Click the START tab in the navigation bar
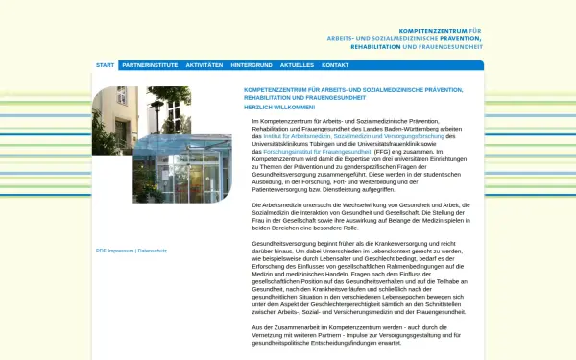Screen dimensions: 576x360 106,65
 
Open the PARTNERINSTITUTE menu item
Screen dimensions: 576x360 150,65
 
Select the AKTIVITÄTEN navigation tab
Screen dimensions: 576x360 204,65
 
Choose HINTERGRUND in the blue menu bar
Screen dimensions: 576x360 252,65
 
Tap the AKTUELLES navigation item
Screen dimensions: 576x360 297,65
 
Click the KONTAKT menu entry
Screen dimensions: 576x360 335,65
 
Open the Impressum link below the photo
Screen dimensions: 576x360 121,250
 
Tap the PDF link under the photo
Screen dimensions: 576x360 101,250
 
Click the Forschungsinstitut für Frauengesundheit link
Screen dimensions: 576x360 317,152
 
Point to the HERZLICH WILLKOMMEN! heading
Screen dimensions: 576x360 279,107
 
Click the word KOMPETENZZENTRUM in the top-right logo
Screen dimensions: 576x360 430,31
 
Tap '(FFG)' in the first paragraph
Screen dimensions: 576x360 382,152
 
